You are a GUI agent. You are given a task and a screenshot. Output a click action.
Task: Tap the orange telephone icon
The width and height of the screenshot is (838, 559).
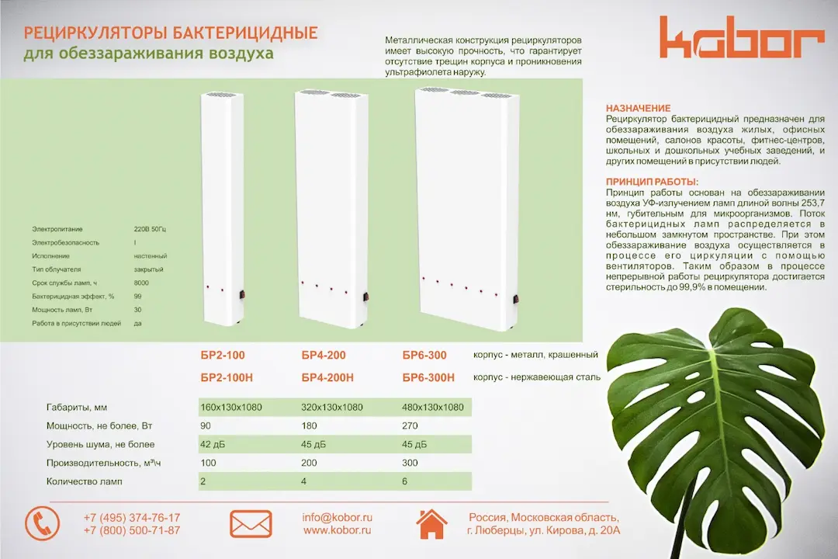(x=42, y=523)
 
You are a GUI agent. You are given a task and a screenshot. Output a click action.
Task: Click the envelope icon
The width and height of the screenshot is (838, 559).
(x=251, y=524)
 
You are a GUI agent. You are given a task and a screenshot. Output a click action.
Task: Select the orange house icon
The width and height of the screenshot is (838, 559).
(x=431, y=524)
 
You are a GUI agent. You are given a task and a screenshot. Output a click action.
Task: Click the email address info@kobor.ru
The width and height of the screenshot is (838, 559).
(x=338, y=517)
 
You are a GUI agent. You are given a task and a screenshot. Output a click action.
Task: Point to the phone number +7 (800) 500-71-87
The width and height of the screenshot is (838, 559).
(x=132, y=530)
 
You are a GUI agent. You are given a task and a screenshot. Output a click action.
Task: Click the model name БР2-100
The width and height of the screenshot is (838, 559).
(x=223, y=356)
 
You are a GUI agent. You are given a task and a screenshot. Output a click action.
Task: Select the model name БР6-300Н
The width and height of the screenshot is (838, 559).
(x=428, y=378)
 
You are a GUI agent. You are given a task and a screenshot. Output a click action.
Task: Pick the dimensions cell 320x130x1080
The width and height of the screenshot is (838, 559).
(x=332, y=407)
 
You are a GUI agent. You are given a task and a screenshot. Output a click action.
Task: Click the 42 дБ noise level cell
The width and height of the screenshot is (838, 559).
(x=216, y=445)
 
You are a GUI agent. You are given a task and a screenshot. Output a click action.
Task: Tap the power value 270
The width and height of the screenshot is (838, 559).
(x=410, y=425)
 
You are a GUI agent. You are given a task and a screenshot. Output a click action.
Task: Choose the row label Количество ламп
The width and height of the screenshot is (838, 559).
(x=85, y=481)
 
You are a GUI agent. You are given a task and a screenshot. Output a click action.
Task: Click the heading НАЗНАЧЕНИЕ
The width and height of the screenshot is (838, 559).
(x=638, y=108)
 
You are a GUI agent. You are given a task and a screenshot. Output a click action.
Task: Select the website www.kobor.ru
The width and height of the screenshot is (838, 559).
(x=337, y=530)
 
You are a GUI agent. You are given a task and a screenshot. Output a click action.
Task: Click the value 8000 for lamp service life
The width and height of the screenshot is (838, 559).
(x=141, y=283)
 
